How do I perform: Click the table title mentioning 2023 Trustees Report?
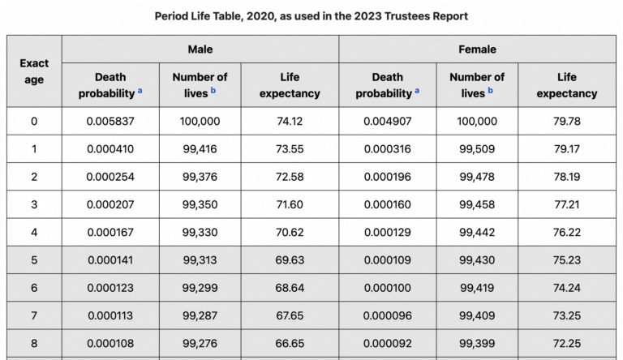coord(311,16)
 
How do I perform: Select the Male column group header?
coord(200,49)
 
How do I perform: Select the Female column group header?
coord(477,49)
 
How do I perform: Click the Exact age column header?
coord(34,71)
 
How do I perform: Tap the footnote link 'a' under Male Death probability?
coord(140,92)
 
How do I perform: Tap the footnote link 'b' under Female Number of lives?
coord(490,92)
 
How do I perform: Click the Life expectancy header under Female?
coord(566,85)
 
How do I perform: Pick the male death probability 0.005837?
coord(110,122)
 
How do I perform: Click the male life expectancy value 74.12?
coord(290,122)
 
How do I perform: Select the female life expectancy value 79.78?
coord(566,122)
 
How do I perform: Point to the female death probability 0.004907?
coord(388,122)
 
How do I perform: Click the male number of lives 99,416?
coord(200,149)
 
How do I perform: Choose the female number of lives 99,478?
coord(477,177)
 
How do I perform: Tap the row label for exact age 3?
coord(34,204)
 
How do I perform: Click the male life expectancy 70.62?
coord(290,232)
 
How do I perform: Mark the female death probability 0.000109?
coord(388,259)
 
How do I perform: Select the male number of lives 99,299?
coord(200,287)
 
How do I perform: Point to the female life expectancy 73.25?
coord(566,315)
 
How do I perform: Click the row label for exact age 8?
coord(34,342)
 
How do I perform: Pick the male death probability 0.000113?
coord(110,315)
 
